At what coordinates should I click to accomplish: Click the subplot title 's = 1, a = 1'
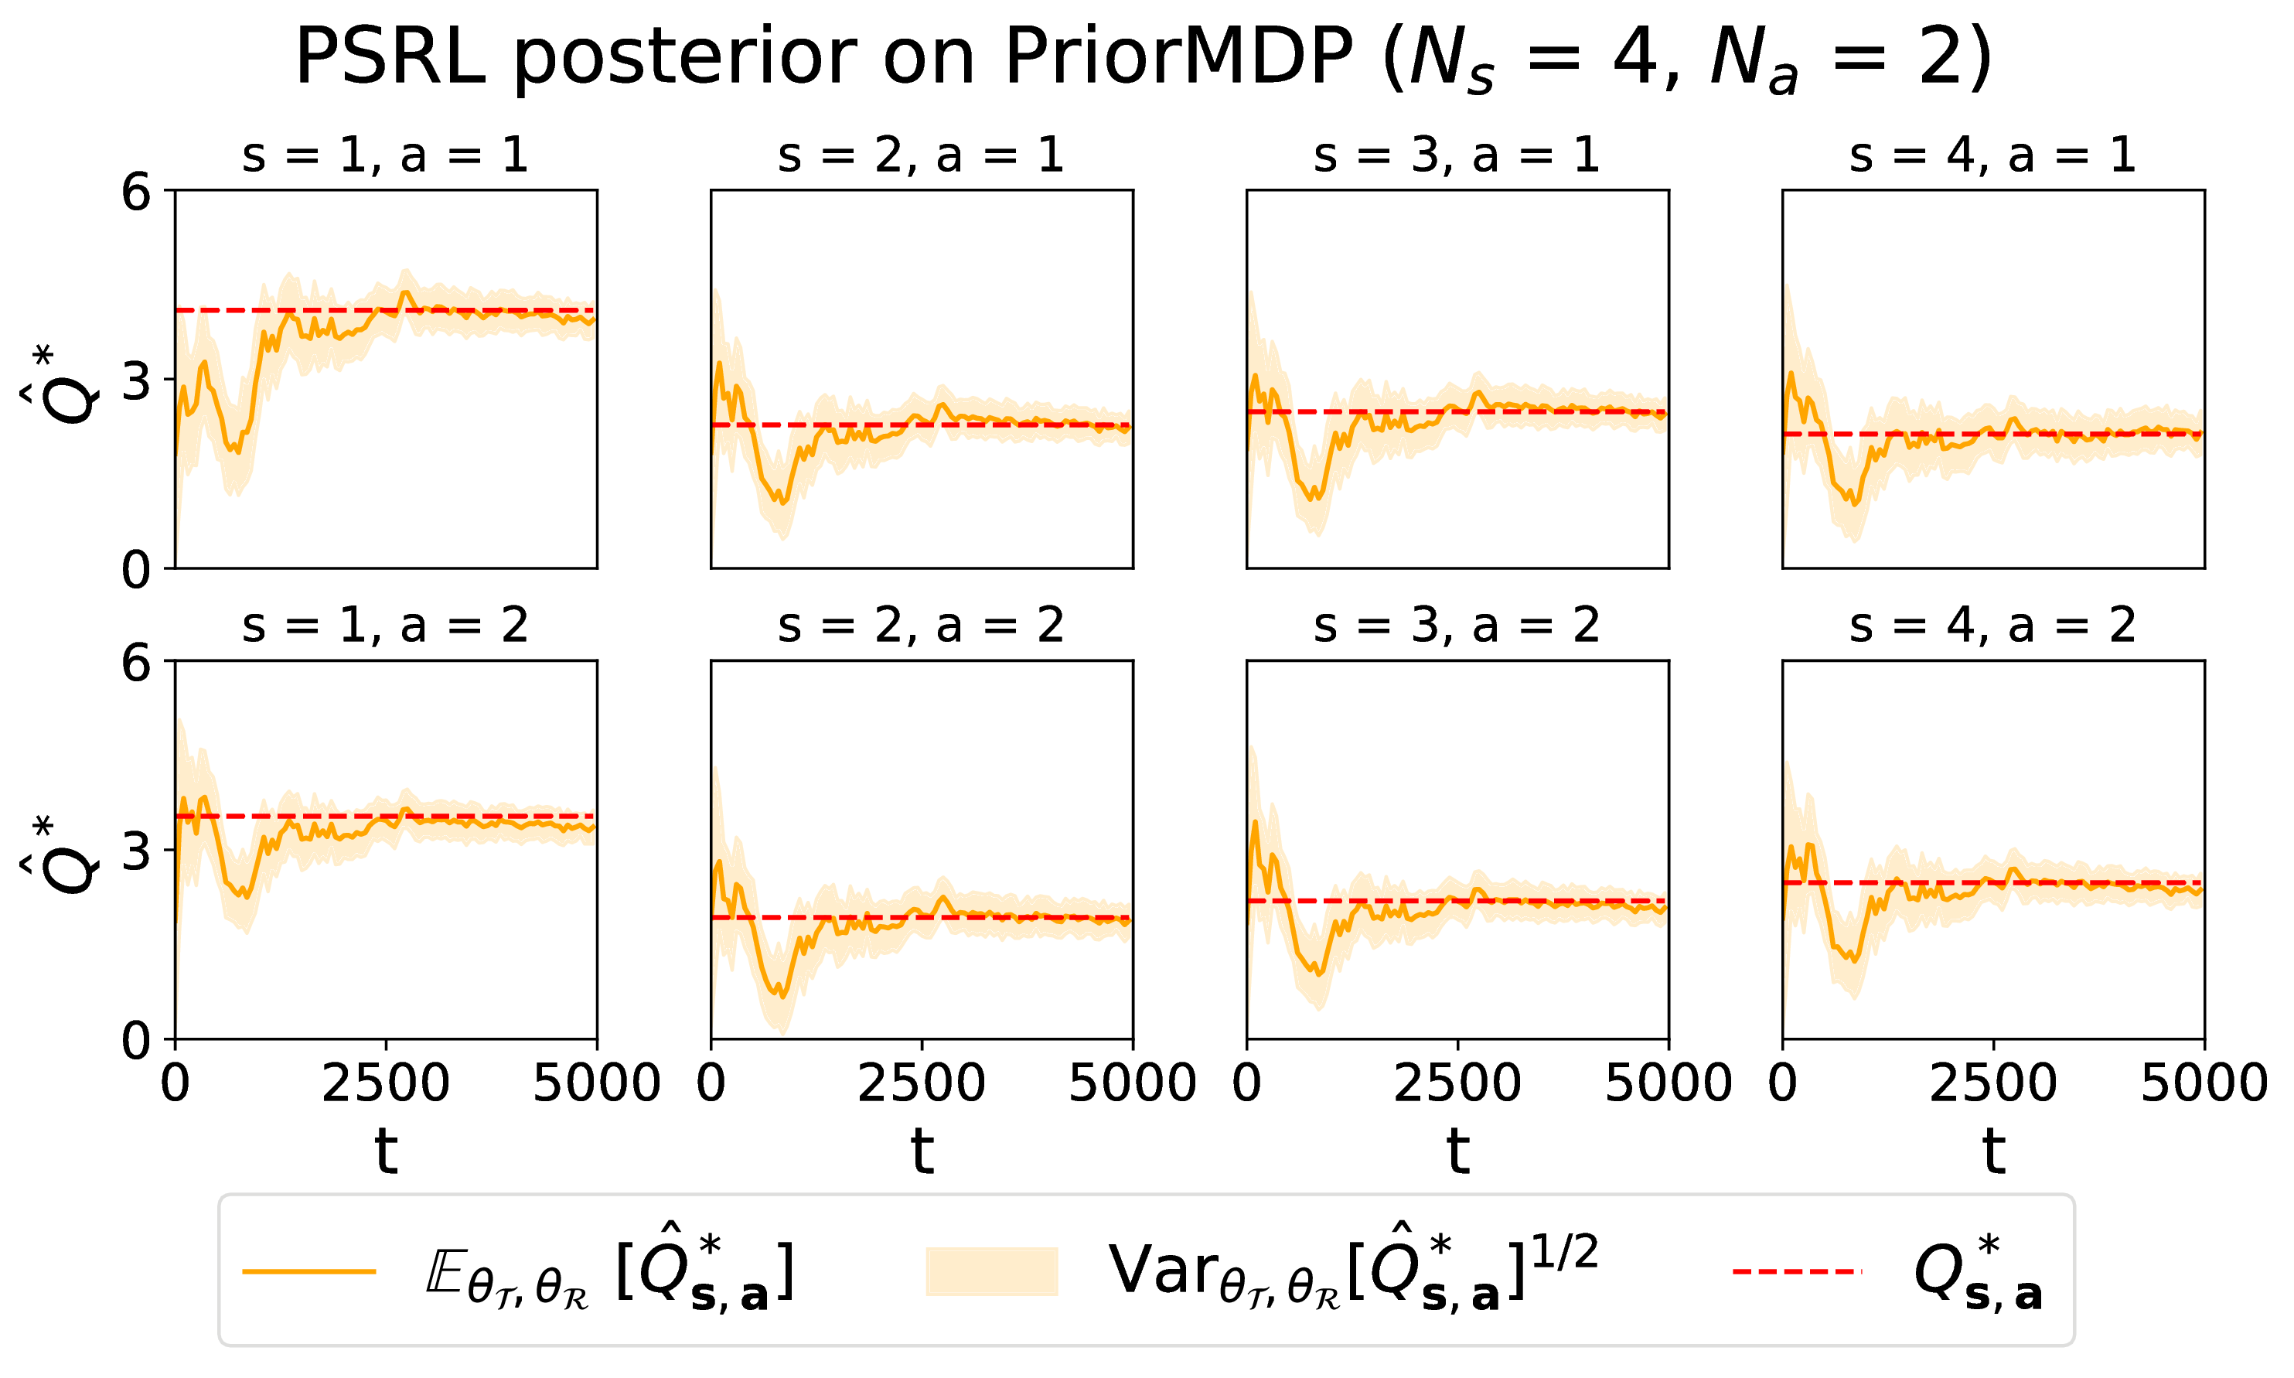tap(385, 155)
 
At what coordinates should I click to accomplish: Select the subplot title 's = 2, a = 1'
tap(921, 155)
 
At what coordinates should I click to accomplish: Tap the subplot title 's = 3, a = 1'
tap(1457, 155)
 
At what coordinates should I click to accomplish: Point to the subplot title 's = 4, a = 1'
tap(1992, 155)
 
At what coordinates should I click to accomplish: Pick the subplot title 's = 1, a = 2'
tap(385, 625)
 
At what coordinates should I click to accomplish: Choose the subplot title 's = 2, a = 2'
tap(921, 625)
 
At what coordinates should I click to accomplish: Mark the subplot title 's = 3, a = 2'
tap(1457, 625)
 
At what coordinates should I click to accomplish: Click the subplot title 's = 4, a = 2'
tap(1992, 625)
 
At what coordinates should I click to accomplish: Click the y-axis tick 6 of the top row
tap(137, 193)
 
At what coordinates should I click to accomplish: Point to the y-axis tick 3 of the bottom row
tap(137, 851)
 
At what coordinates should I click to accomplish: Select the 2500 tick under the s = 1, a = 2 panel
tap(385, 1083)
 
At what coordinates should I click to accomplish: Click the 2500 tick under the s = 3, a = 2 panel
tap(1457, 1083)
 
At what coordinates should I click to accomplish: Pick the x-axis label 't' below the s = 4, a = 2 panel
tap(1993, 1151)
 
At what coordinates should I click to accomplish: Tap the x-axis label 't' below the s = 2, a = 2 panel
tap(921, 1151)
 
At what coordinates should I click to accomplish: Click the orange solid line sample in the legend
tap(308, 1271)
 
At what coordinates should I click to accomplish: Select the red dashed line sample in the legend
tap(1796, 1271)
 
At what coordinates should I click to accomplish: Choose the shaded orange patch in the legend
tap(991, 1271)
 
